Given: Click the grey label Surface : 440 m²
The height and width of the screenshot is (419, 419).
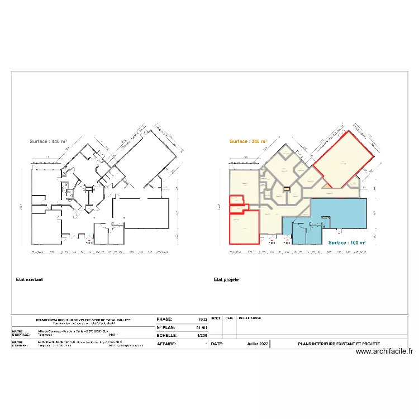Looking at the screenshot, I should pyautogui.click(x=49, y=142).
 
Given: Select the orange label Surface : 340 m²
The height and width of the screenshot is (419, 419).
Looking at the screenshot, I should pyautogui.click(x=249, y=142).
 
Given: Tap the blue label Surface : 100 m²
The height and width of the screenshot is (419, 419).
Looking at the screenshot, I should pyautogui.click(x=346, y=243).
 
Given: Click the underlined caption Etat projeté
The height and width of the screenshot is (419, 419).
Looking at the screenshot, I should pyautogui.click(x=226, y=279).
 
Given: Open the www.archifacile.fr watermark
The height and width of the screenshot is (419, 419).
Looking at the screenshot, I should pyautogui.click(x=384, y=351).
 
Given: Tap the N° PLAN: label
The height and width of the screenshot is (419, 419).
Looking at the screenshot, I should pyautogui.click(x=166, y=328).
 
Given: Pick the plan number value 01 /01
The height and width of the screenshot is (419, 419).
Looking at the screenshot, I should pyautogui.click(x=202, y=328).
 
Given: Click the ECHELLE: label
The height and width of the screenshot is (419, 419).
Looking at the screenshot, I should pyautogui.click(x=167, y=336).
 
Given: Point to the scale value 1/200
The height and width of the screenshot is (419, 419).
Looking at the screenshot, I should pyautogui.click(x=202, y=336).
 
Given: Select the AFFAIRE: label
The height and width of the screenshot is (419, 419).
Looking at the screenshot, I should pyautogui.click(x=166, y=344).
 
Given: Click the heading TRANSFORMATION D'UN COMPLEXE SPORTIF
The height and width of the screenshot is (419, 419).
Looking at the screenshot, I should pyautogui.click(x=83, y=320).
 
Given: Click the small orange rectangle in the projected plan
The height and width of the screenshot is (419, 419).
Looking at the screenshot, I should pyautogui.click(x=287, y=189).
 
